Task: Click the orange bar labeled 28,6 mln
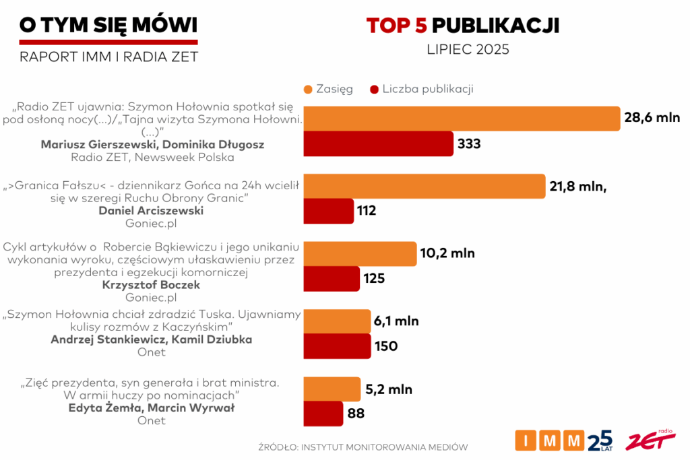point(462,119)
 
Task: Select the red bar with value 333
point(378,143)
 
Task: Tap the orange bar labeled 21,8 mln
point(425,187)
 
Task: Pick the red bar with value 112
point(328,211)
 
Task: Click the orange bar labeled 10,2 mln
point(360,254)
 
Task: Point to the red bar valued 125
point(332,278)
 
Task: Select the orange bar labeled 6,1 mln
point(337,321)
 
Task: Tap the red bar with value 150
point(337,346)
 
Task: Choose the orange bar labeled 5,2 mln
point(332,389)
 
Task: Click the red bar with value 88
point(323,413)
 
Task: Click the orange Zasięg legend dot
point(309,90)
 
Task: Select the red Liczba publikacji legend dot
point(374,90)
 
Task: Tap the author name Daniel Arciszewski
point(151,211)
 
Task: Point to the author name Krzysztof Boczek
point(151,285)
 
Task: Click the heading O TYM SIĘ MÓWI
point(108,25)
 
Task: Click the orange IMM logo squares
point(549,440)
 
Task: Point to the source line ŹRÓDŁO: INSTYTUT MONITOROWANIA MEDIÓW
point(363,447)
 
